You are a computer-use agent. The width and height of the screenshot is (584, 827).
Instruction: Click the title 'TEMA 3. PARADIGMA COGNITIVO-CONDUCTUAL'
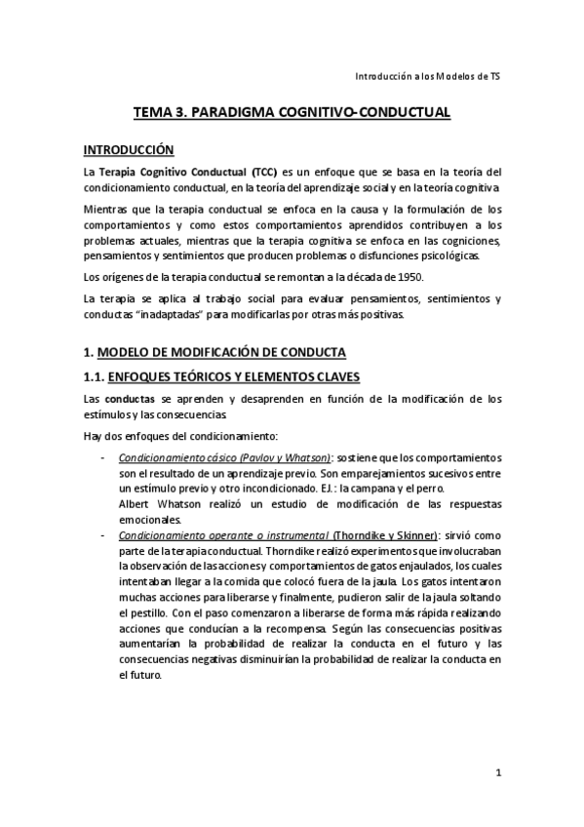(292, 113)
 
